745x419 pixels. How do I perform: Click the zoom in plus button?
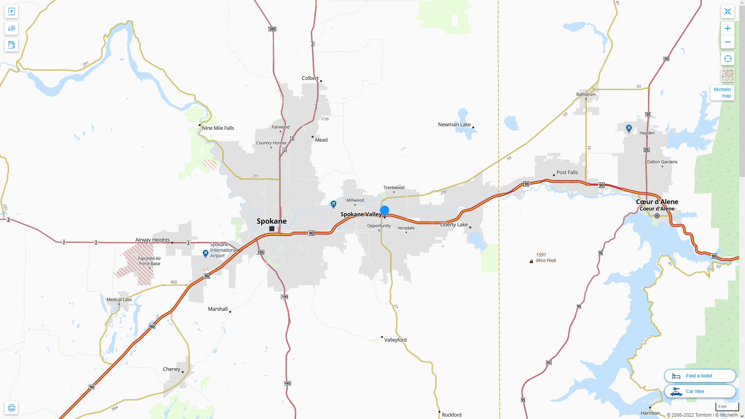pos(728,28)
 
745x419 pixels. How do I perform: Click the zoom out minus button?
pos(728,42)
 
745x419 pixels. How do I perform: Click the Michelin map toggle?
pos(722,93)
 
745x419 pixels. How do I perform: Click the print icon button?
pos(11,408)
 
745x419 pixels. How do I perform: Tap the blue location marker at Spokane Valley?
pos(385,211)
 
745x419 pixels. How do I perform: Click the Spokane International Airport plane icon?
pos(206,253)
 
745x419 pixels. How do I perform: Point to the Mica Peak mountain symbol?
pos(531,261)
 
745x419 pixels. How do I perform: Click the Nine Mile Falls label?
pos(218,128)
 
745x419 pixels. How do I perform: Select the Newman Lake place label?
pos(454,125)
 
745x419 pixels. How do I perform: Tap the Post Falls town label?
pos(567,172)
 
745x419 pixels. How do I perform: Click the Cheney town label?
pos(172,369)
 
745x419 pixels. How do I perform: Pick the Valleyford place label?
pos(395,340)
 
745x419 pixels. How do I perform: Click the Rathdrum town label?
pos(586,94)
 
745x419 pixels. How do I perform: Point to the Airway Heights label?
pos(152,240)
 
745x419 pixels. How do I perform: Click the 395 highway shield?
pos(272,29)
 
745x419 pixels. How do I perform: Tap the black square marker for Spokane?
pos(272,229)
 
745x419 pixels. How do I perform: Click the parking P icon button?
pos(11,12)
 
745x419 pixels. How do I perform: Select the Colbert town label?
pos(310,78)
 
